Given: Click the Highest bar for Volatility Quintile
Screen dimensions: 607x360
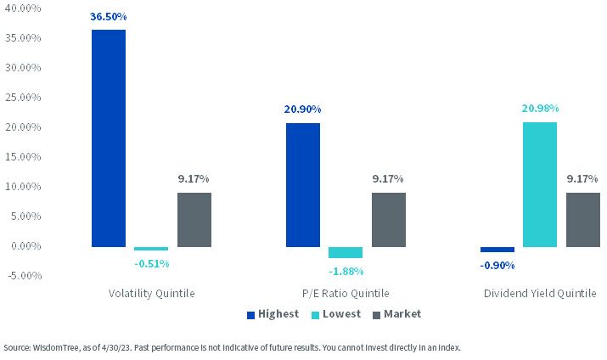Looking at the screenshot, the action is coord(109,138).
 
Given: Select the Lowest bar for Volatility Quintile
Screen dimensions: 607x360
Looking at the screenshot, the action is coord(151,249).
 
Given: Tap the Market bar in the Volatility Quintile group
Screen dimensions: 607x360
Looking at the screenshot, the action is coord(194,220).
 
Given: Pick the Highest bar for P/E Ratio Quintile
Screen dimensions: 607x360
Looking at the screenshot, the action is coord(303,185).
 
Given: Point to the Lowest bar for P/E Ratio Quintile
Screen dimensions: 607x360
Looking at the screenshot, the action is coord(346,252).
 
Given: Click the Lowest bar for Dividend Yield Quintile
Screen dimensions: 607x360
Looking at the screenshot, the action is coord(540,184).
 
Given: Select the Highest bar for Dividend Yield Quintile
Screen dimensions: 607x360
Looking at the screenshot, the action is coord(497,250).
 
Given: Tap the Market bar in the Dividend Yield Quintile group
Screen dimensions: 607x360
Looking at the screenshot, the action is coord(583,220).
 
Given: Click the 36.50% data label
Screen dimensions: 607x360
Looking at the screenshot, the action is coord(109,17).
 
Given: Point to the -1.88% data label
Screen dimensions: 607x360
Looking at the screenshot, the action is coord(346,272).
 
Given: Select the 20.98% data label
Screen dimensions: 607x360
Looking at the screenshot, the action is coord(540,109).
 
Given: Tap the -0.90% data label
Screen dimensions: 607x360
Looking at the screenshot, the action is coord(497,266).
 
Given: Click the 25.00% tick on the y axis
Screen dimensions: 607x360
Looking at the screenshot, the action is coord(23,97).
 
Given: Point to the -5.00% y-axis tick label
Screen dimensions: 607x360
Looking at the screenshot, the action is coord(25,276).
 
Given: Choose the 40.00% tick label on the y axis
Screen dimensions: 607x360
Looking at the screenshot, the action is coord(23,8).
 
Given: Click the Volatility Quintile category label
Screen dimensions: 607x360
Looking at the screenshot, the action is coord(151,294).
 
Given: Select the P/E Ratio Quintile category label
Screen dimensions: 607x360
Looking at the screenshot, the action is coord(346,294).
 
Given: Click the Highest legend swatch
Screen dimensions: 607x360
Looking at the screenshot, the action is coord(250,315).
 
